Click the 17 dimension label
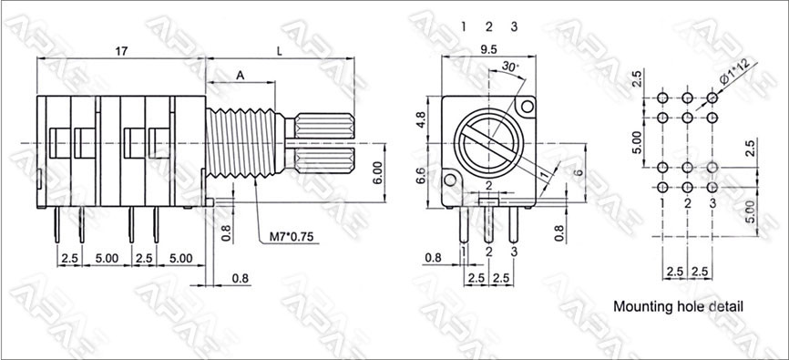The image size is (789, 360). pos(122,51)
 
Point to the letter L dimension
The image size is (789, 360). pos(280,51)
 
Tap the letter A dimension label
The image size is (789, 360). pos(241,76)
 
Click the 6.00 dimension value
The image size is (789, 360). pos(378,173)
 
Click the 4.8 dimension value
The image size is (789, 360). pos(421,119)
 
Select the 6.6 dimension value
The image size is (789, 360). pos(421,176)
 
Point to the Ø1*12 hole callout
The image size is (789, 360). pos(735,71)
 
